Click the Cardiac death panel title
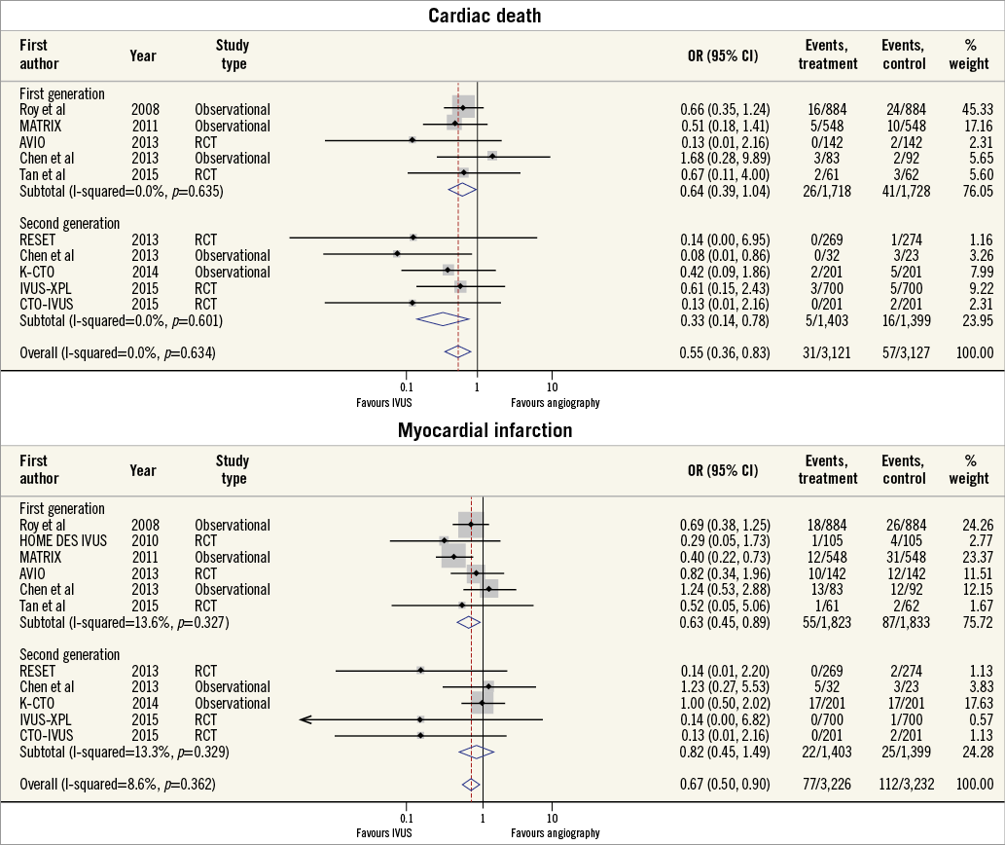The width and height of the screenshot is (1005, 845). click(x=502, y=15)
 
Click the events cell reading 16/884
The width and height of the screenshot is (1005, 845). click(x=827, y=109)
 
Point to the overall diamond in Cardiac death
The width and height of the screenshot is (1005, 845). click(x=457, y=352)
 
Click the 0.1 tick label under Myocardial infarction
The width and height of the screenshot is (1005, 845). click(x=406, y=819)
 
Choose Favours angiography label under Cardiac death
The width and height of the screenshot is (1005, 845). click(x=556, y=402)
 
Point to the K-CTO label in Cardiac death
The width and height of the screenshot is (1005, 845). click(x=38, y=272)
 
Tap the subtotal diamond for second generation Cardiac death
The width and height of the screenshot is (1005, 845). click(x=443, y=319)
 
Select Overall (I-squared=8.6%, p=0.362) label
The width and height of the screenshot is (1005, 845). click(x=118, y=785)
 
